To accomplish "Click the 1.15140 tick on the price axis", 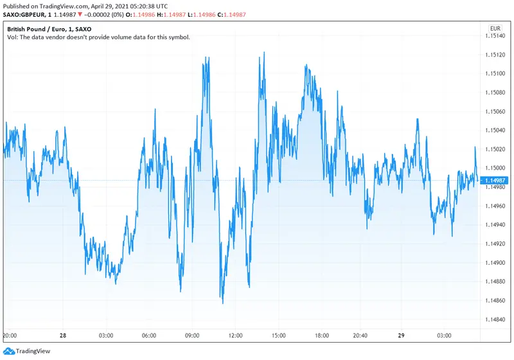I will (x=498, y=36).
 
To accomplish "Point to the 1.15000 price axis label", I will (x=498, y=168).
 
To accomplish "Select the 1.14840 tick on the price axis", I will (x=498, y=319).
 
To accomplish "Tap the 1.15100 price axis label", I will (x=498, y=73).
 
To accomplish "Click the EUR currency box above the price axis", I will (x=495, y=28).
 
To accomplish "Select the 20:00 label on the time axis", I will (x=10, y=336).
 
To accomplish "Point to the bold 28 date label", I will (x=63, y=336).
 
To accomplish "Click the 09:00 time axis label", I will (x=193, y=336).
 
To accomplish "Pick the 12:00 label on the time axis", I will (x=236, y=336).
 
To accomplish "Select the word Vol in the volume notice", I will (x=12, y=37).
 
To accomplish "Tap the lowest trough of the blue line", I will (x=222, y=303).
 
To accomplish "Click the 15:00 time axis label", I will (x=279, y=336).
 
